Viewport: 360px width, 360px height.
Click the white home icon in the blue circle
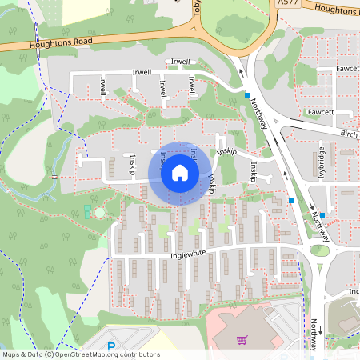[x=180, y=172]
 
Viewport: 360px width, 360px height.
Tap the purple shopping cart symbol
[x=242, y=340]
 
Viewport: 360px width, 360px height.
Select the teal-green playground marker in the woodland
[x=86, y=210]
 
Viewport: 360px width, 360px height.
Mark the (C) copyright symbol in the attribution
[x=49, y=354]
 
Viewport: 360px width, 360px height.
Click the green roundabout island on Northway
[x=319, y=250]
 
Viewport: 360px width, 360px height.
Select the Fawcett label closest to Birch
[x=320, y=113]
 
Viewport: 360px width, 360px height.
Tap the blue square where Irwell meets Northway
[x=246, y=95]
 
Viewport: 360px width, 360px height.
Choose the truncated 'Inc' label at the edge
[x=354, y=292]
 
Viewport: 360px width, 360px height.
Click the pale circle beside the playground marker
[x=98, y=213]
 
